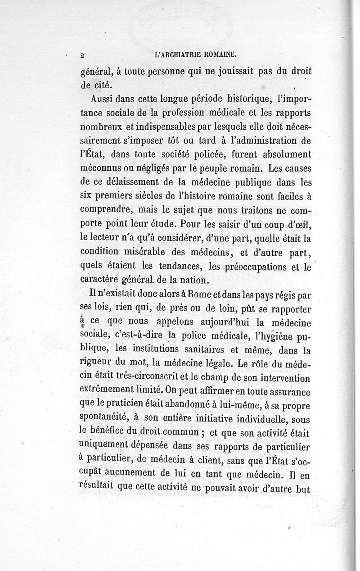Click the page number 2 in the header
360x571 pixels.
point(82,55)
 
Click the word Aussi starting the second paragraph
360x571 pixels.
point(102,98)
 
